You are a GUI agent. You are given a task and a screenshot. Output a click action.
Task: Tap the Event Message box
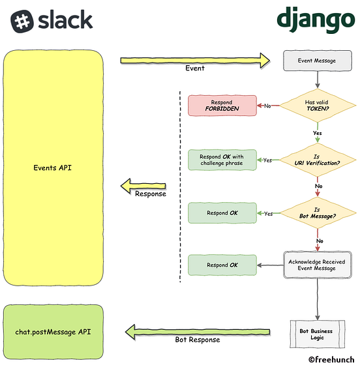click(317, 61)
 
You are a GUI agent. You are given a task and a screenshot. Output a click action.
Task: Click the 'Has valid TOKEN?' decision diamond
click(317, 106)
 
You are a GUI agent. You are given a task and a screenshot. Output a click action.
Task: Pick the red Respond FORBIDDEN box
click(222, 106)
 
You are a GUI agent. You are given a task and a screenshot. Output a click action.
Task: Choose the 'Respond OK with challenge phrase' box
click(222, 160)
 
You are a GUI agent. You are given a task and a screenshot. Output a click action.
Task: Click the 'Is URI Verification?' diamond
click(317, 160)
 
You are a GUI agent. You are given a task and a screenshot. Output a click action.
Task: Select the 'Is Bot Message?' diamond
click(317, 213)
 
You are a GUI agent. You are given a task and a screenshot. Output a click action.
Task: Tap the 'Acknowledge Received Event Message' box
click(317, 265)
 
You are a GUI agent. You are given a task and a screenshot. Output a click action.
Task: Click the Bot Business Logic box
click(317, 334)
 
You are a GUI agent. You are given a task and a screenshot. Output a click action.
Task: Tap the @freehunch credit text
click(331, 359)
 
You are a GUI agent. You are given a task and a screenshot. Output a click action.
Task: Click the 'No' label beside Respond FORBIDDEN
click(267, 106)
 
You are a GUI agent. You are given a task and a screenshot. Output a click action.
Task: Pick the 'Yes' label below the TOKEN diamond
click(317, 132)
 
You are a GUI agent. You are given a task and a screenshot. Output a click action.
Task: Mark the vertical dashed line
click(180, 186)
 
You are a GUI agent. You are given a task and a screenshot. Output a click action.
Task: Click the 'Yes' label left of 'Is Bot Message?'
click(268, 213)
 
